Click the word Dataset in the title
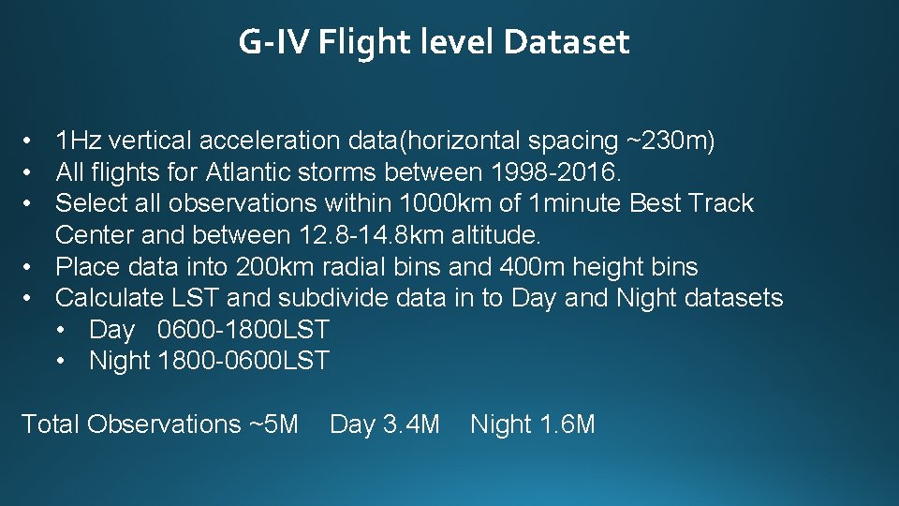(x=566, y=42)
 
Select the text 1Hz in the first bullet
(x=79, y=141)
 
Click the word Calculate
(x=110, y=298)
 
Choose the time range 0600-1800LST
(x=243, y=330)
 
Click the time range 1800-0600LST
(x=244, y=361)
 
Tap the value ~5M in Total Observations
(x=273, y=424)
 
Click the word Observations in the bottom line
(x=165, y=424)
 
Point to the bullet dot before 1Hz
(x=31, y=141)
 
